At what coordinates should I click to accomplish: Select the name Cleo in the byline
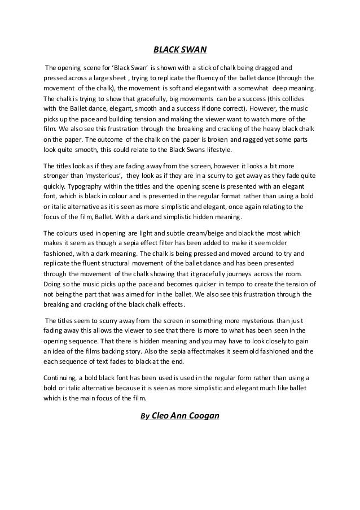tap(162, 417)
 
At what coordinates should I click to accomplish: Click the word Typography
tap(86, 185)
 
